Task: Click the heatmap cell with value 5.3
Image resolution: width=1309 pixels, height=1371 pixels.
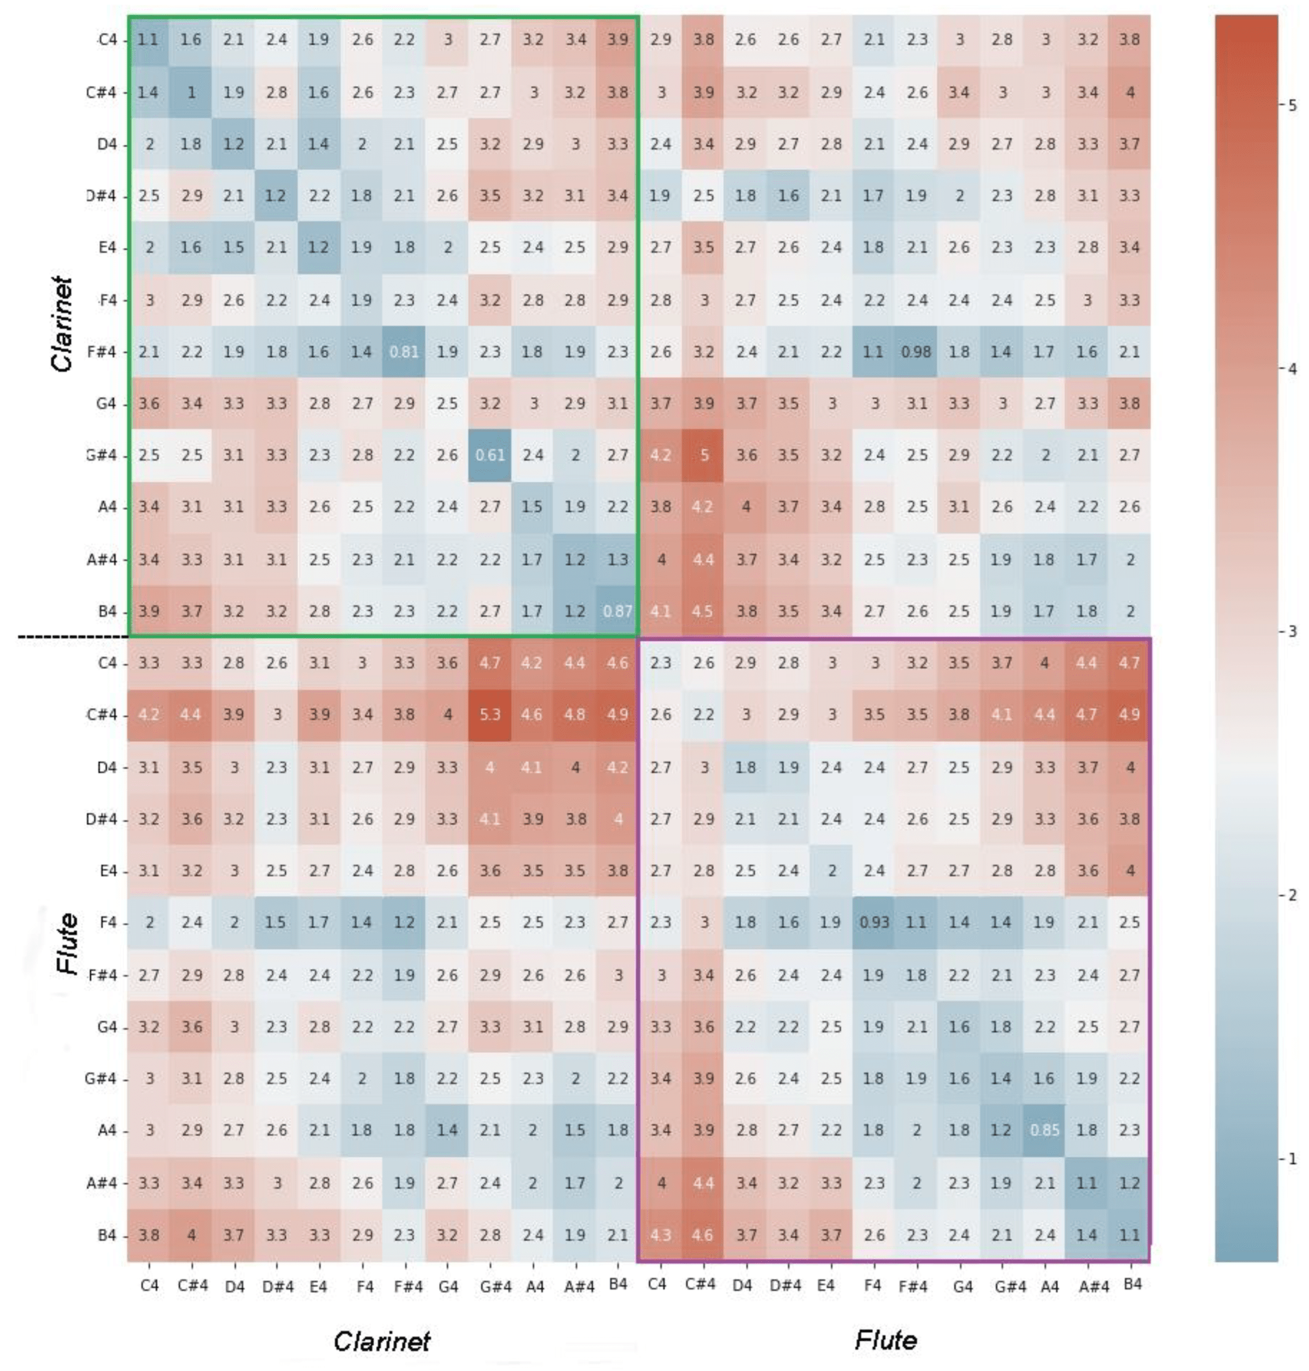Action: [490, 715]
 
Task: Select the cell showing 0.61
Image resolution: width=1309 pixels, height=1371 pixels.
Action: [490, 455]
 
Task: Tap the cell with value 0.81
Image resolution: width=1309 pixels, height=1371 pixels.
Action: [404, 352]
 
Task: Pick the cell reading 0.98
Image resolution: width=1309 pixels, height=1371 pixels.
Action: [916, 352]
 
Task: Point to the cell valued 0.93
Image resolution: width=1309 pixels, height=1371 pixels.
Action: [874, 922]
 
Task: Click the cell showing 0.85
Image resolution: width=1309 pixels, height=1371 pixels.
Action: [1044, 1130]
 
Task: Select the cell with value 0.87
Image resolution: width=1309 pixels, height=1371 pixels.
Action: [617, 611]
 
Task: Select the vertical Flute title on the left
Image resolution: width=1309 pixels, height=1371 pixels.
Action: [67, 943]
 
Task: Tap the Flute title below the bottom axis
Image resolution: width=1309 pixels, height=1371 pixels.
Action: [885, 1340]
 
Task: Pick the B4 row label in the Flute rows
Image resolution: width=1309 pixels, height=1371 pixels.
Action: [107, 1235]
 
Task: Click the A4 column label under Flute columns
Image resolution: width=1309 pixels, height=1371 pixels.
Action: [1050, 1285]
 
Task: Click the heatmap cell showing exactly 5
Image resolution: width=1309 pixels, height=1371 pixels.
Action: [703, 455]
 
